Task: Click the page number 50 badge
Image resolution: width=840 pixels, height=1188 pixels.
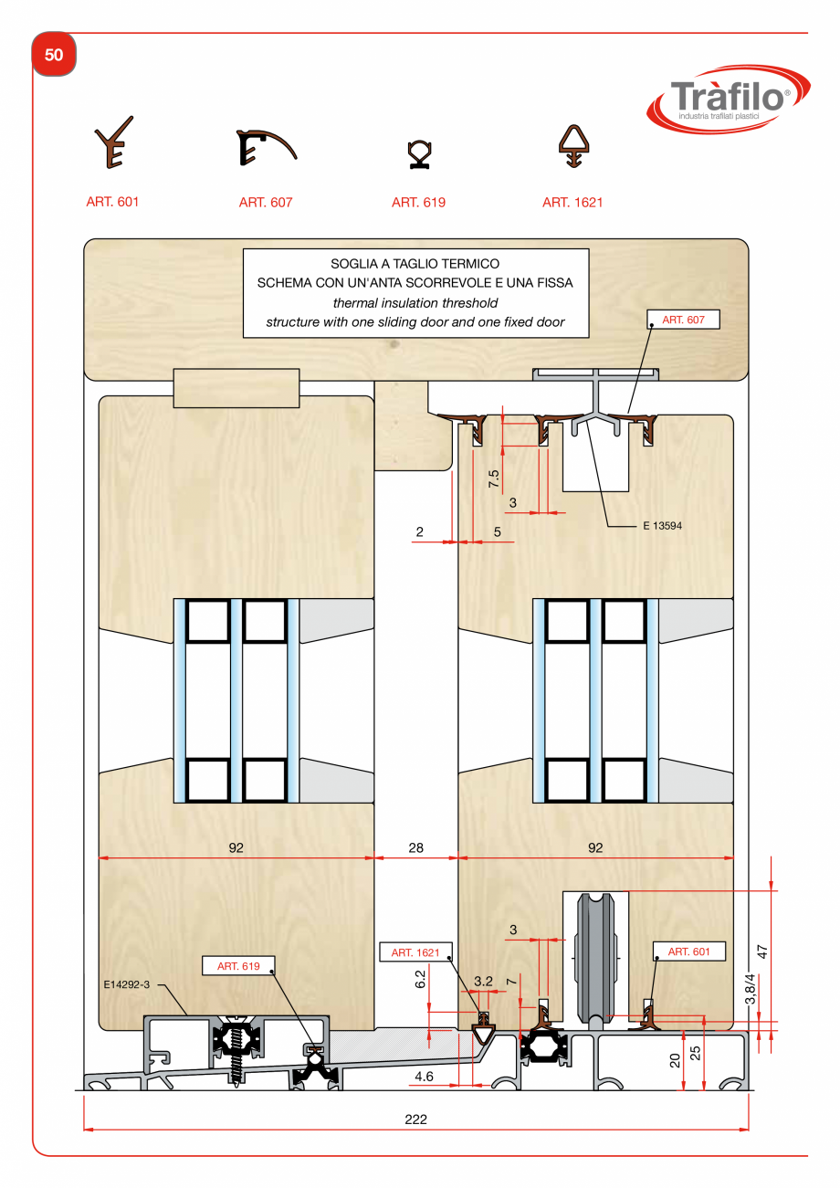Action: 54,56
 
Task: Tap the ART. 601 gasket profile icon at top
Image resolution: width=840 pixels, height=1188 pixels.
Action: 113,142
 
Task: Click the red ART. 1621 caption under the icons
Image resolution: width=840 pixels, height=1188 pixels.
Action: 572,203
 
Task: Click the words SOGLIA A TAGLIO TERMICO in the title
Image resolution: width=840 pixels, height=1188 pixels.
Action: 415,264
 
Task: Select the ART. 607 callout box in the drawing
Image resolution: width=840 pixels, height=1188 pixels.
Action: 683,320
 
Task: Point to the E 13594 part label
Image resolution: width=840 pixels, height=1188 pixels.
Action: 663,526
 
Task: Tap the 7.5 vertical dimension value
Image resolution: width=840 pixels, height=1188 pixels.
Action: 494,479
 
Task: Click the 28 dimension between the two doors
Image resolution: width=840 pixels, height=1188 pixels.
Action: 415,847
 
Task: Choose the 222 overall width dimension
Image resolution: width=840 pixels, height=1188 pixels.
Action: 415,1120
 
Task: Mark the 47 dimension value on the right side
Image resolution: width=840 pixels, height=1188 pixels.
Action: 762,949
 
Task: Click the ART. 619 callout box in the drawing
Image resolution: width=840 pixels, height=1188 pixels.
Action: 236,965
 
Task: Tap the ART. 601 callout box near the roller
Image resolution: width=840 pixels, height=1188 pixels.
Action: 689,951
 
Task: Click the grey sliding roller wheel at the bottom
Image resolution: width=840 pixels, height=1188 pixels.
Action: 595,959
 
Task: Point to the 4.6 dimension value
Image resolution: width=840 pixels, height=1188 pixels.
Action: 424,1077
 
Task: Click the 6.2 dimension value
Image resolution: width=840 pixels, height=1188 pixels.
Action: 420,980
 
